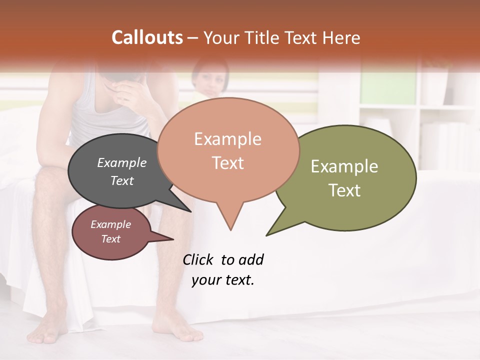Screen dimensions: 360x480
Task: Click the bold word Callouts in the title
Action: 147,37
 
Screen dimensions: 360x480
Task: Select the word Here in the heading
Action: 341,37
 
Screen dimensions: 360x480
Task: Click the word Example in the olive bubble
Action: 344,166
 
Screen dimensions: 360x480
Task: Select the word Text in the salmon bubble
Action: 228,163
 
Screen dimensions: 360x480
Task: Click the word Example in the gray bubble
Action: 121,162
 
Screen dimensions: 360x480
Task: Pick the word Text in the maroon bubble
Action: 110,239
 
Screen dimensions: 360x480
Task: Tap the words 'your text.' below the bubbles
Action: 222,280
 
